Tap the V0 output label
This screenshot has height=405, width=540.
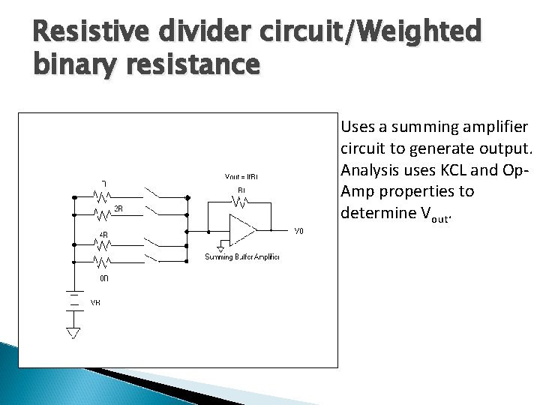coord(298,232)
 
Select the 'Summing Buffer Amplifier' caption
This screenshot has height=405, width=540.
coord(241,257)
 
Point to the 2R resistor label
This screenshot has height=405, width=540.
coord(118,208)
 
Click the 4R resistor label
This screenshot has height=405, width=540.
coord(104,235)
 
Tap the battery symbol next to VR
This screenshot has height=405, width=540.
coord(74,300)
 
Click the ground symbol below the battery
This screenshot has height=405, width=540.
coord(74,331)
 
